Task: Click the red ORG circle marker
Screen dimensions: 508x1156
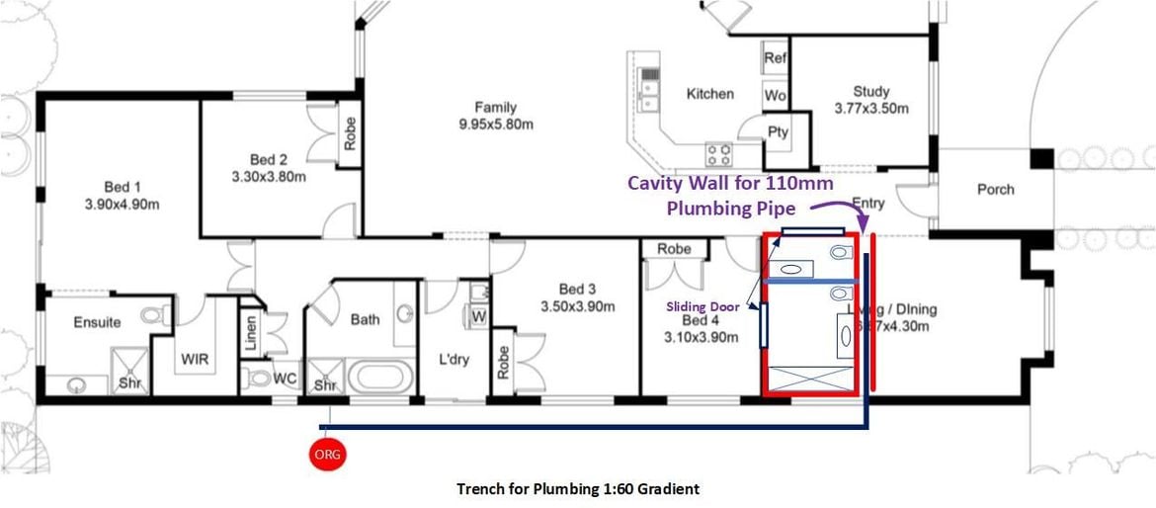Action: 327,454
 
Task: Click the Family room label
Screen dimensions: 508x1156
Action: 495,108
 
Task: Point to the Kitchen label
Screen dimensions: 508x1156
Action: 709,94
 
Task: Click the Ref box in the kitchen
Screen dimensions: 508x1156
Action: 776,58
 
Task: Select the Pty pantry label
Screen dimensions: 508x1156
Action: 778,132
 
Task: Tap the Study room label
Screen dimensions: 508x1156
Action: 870,91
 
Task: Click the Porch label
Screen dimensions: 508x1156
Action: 995,189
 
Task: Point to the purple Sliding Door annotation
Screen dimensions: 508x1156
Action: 701,306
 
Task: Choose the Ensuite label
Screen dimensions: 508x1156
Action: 97,322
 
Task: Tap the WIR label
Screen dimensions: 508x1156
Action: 194,359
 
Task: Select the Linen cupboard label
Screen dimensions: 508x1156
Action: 251,331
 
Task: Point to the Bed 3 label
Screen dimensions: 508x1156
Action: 577,289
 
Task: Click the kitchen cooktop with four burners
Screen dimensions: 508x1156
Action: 718,153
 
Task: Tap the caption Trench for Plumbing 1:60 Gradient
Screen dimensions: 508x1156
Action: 578,488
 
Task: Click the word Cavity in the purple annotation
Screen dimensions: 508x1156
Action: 658,183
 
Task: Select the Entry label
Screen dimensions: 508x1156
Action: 867,204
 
